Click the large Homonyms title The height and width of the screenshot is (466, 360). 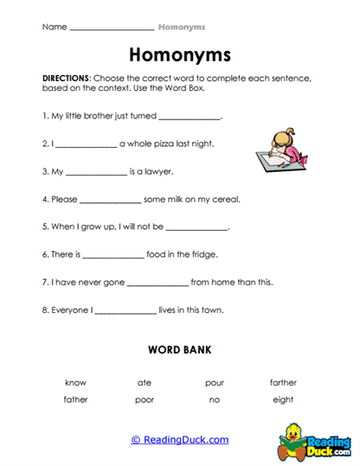180,54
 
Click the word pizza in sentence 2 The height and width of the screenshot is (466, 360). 165,144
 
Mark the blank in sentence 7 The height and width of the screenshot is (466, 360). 157,283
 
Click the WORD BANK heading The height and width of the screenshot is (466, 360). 179,350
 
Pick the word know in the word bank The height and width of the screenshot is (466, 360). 75,382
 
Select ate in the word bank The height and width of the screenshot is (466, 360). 145,382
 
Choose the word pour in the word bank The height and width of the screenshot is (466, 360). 214,382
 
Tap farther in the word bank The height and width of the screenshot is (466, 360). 283,382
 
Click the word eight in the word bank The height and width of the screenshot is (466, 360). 283,399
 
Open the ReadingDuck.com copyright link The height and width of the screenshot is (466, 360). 180,439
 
